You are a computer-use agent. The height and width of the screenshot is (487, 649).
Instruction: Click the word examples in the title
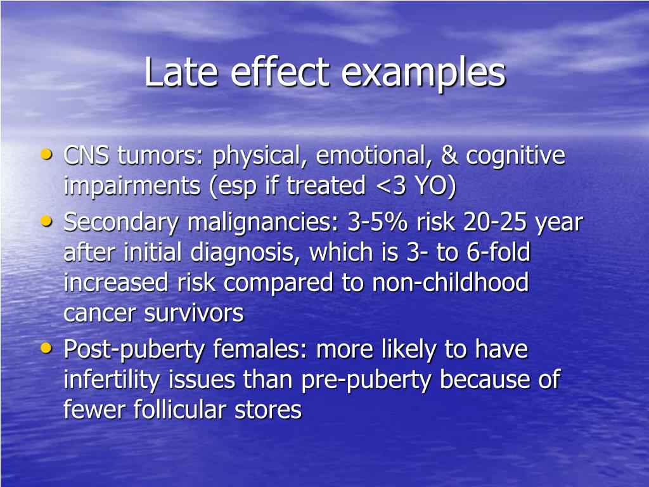pyautogui.click(x=423, y=74)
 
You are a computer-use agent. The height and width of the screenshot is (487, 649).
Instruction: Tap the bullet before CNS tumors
pyautogui.click(x=46, y=154)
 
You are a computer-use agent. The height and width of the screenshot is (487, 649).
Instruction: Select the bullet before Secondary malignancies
pyautogui.click(x=46, y=221)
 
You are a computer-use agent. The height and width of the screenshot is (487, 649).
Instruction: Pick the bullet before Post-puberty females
pyautogui.click(x=46, y=347)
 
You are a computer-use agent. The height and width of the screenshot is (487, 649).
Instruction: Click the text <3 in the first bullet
pyautogui.click(x=383, y=186)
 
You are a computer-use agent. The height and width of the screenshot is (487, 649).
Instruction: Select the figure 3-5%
pyautogui.click(x=378, y=223)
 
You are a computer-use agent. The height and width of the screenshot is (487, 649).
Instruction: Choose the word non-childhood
pyautogui.click(x=451, y=283)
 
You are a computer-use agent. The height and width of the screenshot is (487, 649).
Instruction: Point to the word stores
pyautogui.click(x=268, y=410)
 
